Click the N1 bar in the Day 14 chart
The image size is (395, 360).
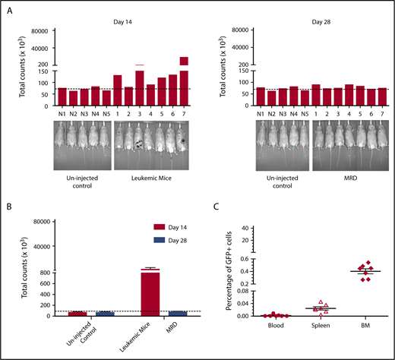coord(62,94)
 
